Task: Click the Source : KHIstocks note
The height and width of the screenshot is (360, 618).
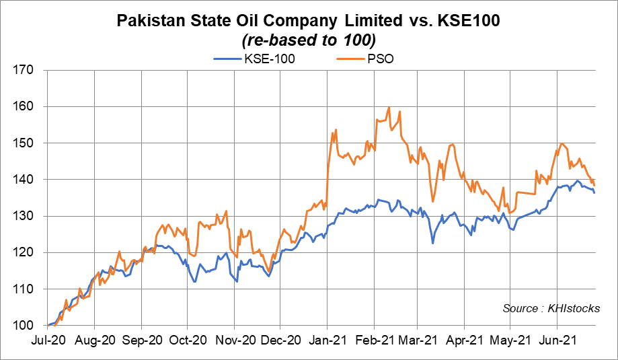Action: click(x=551, y=308)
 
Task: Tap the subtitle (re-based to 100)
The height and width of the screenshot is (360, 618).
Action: click(x=309, y=39)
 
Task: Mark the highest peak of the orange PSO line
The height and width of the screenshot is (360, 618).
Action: click(x=389, y=108)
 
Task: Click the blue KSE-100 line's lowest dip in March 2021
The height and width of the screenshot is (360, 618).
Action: click(x=432, y=243)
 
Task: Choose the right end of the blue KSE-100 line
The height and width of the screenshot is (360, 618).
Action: click(x=594, y=193)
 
